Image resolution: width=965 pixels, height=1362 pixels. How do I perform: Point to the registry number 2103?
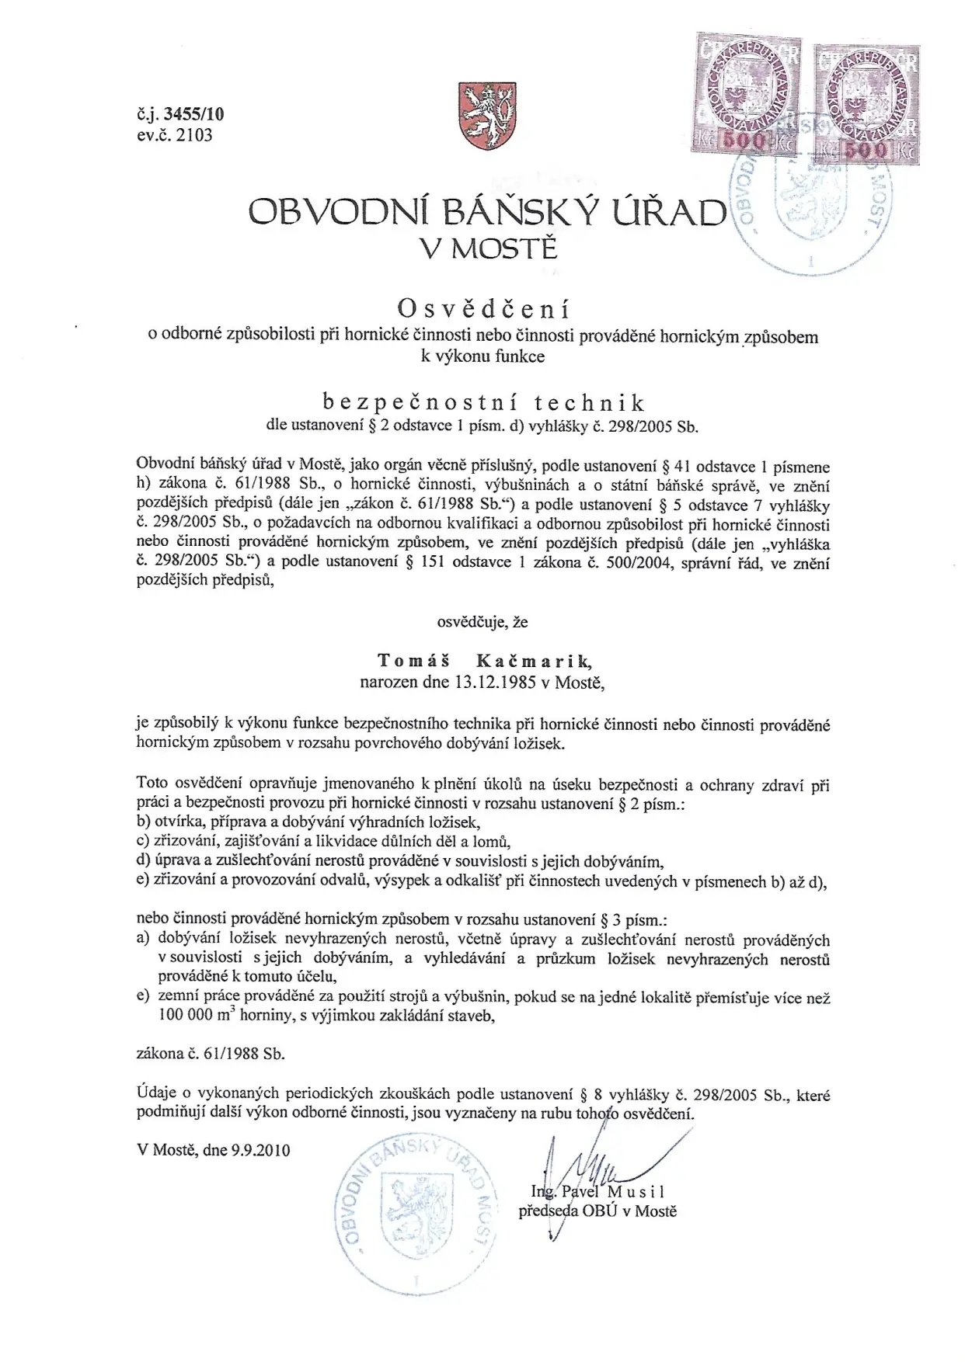[x=194, y=135]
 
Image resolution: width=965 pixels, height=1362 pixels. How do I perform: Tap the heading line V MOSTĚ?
[x=488, y=248]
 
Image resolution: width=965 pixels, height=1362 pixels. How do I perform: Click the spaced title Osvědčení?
[x=483, y=309]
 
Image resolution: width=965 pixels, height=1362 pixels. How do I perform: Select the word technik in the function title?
[x=590, y=402]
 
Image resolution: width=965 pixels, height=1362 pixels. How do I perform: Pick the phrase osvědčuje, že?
[x=482, y=621]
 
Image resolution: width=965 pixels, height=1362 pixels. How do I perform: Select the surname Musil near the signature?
[x=636, y=1191]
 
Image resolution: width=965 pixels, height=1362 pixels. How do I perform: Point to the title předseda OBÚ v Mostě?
[x=597, y=1211]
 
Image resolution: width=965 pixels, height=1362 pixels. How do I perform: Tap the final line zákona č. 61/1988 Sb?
[x=211, y=1054]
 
